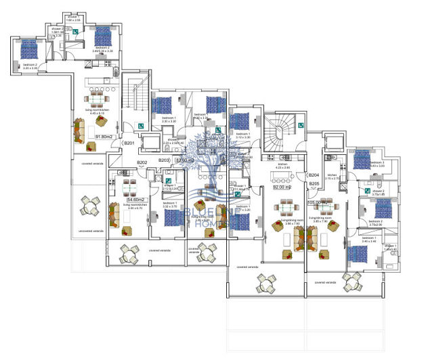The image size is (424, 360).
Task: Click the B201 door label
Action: click(x=130, y=143)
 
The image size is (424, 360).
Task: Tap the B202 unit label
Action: click(x=142, y=162)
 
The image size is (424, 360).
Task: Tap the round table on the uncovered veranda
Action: click(x=89, y=207)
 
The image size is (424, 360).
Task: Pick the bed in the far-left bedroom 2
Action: click(x=28, y=49)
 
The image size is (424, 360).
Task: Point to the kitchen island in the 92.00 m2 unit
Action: click(x=282, y=179)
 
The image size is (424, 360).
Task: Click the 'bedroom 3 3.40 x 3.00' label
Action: click(x=377, y=164)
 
